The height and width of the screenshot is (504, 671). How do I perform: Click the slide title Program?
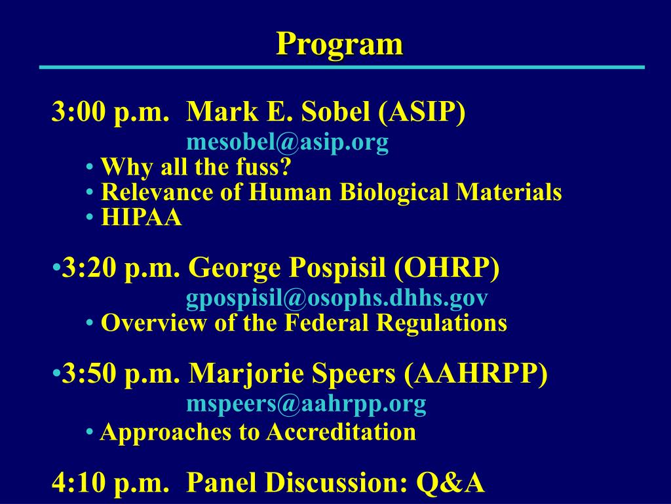click(339, 45)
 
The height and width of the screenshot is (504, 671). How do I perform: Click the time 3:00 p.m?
click(110, 114)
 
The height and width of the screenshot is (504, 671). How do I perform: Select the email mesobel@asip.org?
click(287, 142)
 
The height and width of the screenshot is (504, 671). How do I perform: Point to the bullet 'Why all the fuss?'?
click(195, 168)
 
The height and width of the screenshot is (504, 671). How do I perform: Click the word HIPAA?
click(141, 218)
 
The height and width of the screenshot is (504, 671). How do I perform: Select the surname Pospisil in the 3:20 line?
click(339, 268)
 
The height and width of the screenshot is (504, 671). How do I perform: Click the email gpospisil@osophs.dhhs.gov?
click(337, 298)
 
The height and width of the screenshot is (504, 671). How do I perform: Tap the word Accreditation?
click(341, 432)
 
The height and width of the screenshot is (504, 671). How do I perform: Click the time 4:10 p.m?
click(110, 483)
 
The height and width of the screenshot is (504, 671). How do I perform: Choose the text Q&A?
click(451, 483)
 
